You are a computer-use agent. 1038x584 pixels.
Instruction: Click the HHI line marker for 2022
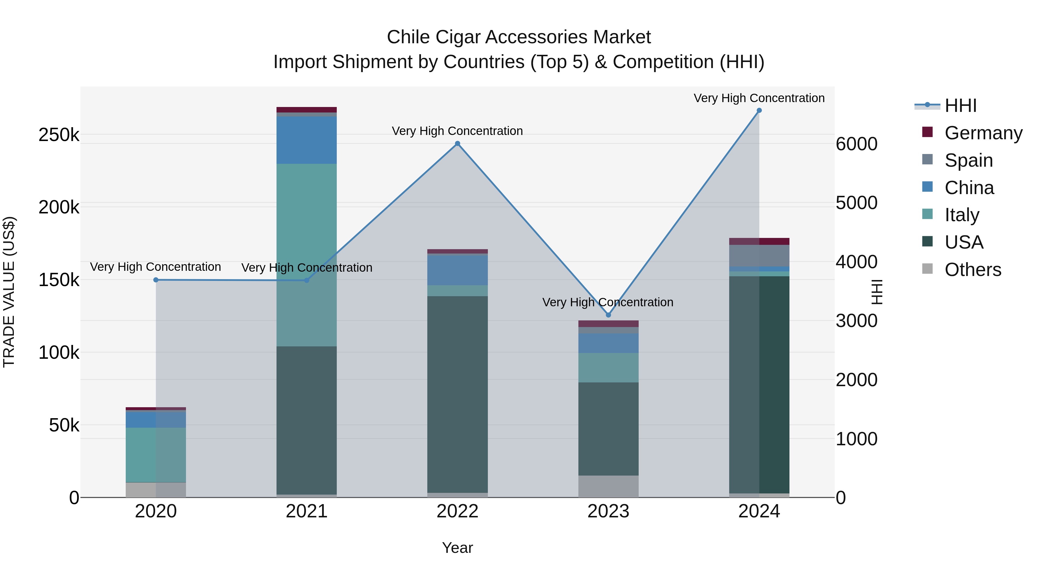pos(457,144)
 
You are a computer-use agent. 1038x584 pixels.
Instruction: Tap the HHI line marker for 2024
pos(759,110)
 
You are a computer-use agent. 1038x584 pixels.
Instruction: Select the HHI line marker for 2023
pos(608,315)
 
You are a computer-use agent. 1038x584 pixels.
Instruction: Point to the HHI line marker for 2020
pos(156,280)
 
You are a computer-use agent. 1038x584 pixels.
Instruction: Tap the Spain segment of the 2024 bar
pos(759,256)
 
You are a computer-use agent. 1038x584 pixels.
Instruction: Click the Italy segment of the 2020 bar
pos(156,455)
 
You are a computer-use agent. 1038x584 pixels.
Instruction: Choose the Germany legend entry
pos(983,133)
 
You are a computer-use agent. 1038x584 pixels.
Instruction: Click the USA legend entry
pos(964,242)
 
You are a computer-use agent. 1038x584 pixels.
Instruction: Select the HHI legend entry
pos(960,106)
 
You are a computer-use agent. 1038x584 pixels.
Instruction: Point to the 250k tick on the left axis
pos(59,135)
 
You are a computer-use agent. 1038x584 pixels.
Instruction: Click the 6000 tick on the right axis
pos(856,144)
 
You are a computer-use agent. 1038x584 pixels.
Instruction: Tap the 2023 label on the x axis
pos(608,511)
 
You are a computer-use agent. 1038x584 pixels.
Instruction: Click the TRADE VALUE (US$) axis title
pos(9,292)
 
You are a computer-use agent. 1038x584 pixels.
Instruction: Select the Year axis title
pos(457,548)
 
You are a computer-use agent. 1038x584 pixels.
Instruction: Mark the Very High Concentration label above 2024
pos(759,98)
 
